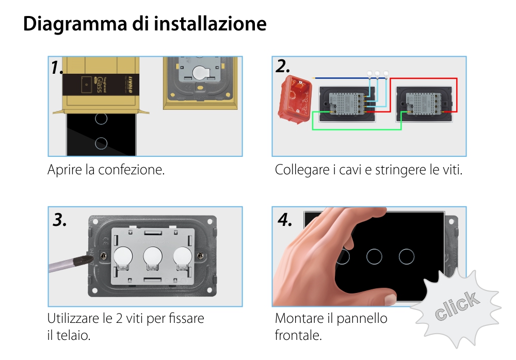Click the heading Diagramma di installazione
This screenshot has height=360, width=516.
(145, 24)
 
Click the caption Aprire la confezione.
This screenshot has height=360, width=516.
(106, 170)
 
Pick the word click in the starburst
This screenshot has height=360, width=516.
(456, 306)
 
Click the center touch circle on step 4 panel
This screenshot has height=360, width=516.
(374, 256)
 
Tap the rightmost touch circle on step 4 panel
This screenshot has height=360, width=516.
(407, 256)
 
